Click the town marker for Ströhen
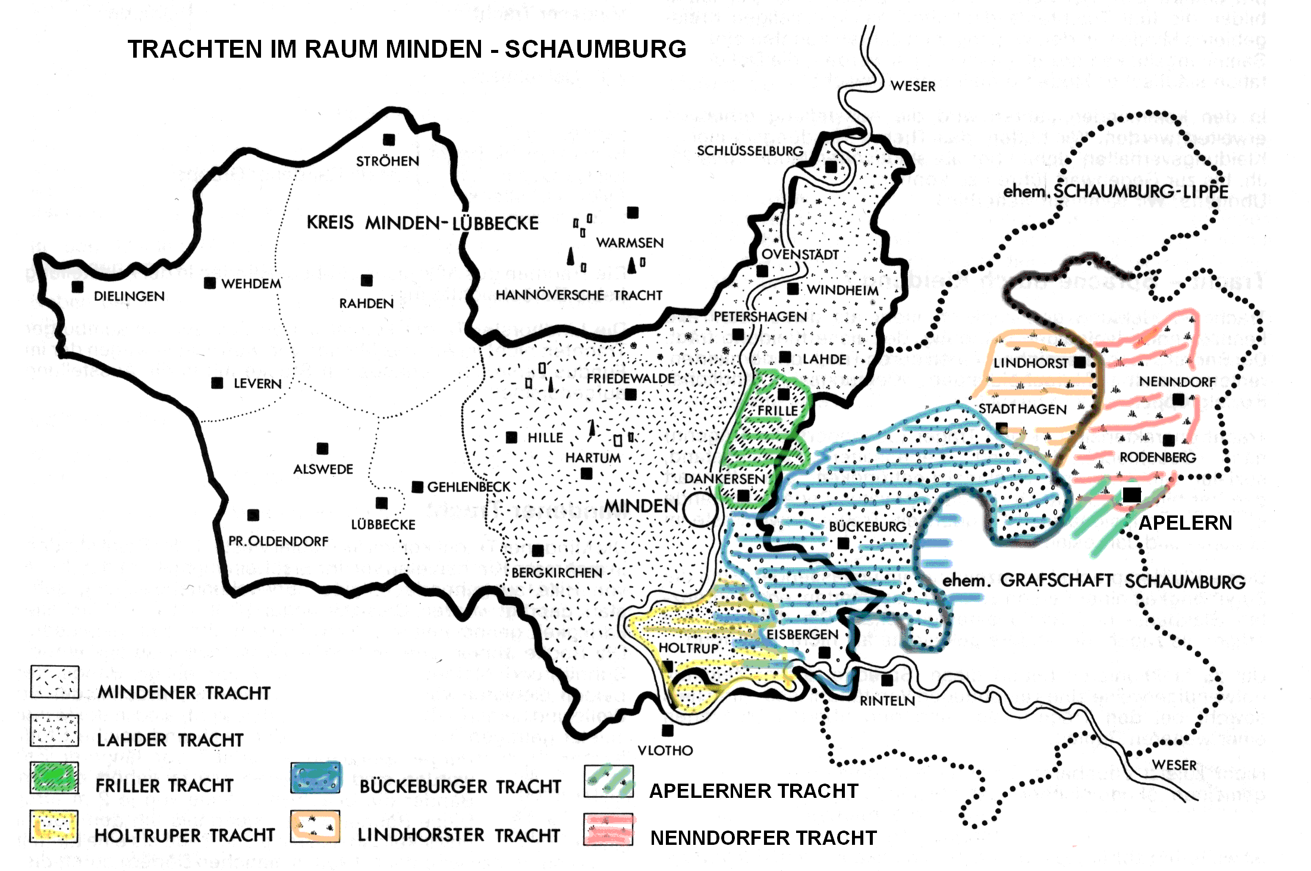389,140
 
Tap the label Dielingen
129,296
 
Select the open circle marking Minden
700,508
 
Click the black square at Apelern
1131,495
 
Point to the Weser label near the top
913,87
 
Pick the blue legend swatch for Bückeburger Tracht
316,778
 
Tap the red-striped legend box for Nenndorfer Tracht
608,829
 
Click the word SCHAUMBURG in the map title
595,49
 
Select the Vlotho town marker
668,729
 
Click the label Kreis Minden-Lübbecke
422,223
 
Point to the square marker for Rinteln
887,680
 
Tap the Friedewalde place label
630,379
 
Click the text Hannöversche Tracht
579,295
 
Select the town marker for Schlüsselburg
831,166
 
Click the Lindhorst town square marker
1080,362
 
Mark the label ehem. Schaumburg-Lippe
1115,191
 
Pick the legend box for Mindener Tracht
55,681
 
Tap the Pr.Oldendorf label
278,541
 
